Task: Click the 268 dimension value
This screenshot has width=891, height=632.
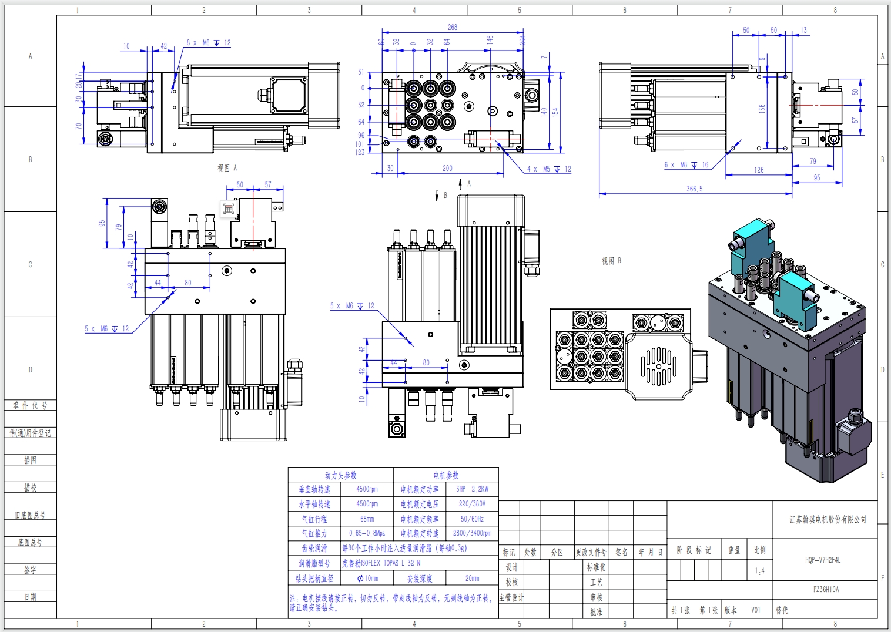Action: point(452,27)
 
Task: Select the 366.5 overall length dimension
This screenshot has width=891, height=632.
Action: point(694,189)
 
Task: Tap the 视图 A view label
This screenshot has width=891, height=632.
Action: point(227,168)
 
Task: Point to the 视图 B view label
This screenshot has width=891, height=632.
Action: point(611,261)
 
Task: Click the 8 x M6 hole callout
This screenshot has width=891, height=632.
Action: point(209,43)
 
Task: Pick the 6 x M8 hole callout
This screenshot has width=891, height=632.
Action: point(686,165)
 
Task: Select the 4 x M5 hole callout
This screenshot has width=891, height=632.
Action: point(549,169)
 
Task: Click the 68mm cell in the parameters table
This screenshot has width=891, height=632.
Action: point(367,519)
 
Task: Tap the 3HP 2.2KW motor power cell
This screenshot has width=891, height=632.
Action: point(472,489)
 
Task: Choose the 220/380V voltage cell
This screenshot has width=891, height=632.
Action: point(472,504)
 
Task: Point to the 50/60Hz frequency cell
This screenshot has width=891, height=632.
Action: point(472,519)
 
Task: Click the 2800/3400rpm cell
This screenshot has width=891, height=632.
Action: point(472,533)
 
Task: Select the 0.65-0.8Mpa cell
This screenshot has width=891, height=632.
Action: point(367,533)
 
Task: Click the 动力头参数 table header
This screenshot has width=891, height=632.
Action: point(340,475)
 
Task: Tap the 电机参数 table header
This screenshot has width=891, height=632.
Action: point(445,475)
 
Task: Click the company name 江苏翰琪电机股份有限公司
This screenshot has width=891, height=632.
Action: point(828,519)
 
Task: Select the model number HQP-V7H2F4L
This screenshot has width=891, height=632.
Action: point(823,560)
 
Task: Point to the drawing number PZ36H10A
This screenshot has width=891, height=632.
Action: point(826,589)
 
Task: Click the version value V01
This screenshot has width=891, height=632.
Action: point(755,610)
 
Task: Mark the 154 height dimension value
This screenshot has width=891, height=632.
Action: point(555,111)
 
